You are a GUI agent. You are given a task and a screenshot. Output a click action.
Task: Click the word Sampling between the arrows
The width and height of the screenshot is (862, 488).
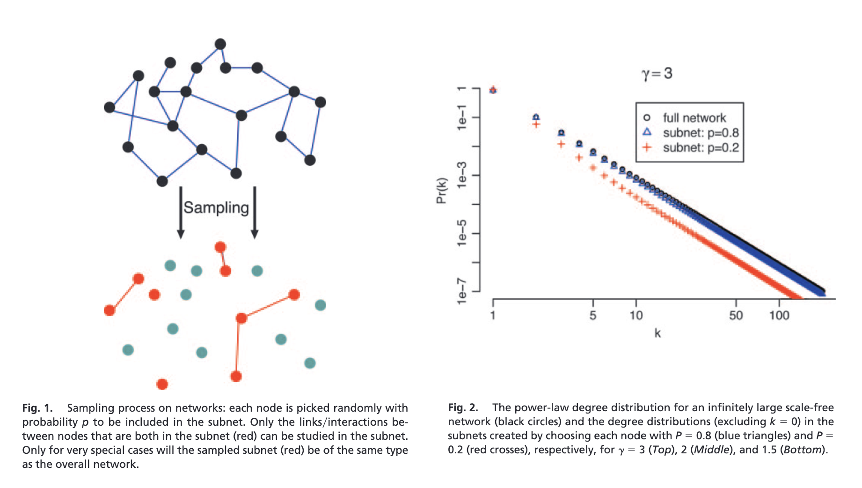216,207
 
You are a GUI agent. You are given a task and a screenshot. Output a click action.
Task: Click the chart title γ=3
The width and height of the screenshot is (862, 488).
657,74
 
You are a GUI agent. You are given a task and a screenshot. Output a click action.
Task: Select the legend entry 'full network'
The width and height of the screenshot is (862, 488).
694,118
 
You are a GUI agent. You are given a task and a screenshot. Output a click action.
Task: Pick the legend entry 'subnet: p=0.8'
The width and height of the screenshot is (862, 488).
701,133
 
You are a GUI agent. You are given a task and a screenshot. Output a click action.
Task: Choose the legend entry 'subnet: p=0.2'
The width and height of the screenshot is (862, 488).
701,148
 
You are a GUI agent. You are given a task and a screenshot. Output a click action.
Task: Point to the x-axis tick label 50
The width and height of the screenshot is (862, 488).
736,315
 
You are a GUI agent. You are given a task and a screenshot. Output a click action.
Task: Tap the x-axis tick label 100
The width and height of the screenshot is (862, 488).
779,315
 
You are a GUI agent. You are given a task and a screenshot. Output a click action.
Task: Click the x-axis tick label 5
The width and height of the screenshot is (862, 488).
593,315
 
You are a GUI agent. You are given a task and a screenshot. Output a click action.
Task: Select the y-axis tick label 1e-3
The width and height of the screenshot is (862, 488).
462,175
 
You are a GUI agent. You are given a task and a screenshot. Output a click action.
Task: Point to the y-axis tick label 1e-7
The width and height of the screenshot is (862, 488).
462,291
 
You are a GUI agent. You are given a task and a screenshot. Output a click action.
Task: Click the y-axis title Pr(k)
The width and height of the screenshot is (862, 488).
441,191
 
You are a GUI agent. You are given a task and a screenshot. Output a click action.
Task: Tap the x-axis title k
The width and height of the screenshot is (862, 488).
657,333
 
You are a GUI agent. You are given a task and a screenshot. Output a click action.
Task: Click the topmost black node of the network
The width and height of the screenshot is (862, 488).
220,44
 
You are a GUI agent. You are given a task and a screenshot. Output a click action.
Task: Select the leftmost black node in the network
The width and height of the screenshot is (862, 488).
110,107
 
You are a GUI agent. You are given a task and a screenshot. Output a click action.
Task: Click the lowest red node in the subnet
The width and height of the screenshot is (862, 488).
162,384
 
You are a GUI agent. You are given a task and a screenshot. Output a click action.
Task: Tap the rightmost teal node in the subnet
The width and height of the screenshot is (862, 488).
321,305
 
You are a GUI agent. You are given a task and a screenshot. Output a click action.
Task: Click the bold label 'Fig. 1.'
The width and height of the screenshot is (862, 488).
37,408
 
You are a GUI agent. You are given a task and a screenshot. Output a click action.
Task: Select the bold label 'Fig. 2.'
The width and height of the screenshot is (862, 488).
463,407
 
